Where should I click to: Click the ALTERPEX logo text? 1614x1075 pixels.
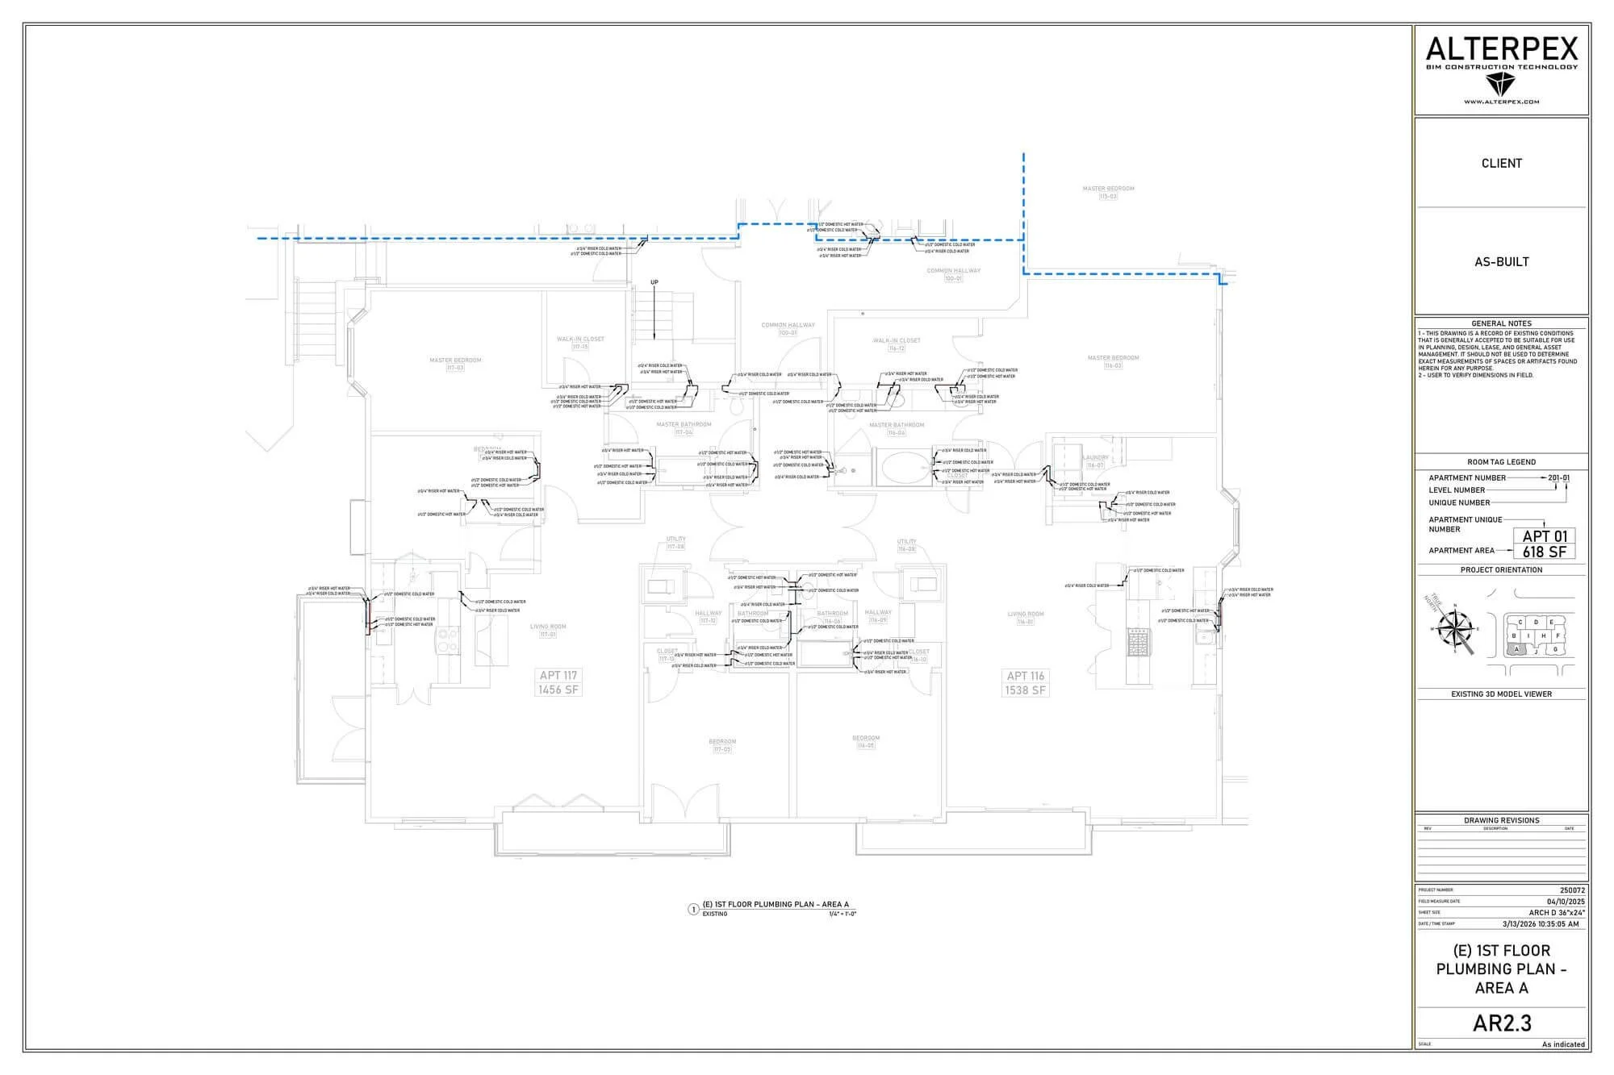coord(1501,50)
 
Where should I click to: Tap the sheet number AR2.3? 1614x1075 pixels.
coord(1501,1023)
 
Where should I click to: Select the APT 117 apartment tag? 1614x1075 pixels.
coord(558,676)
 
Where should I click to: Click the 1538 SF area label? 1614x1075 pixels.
coord(1025,691)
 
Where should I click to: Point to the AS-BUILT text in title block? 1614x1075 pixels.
coord(1501,261)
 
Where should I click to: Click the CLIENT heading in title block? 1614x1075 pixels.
coord(1501,163)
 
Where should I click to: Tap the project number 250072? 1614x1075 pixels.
coord(1572,890)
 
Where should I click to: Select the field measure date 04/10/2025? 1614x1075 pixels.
coord(1566,902)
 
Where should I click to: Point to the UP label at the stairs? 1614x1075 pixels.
coord(654,282)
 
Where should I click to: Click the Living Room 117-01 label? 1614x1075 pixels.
coord(548,630)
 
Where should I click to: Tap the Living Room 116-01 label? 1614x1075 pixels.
coord(1025,618)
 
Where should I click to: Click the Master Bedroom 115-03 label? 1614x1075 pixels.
coord(1108,192)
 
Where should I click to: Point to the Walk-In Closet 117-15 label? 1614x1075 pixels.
coord(580,343)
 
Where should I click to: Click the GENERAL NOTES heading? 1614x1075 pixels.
coord(1501,323)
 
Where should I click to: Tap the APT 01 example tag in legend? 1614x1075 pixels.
coord(1544,536)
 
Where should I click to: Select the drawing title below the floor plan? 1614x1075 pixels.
coord(776,905)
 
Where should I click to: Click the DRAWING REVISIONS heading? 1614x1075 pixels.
coord(1501,820)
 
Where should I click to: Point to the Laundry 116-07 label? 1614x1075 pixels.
coord(1095,461)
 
